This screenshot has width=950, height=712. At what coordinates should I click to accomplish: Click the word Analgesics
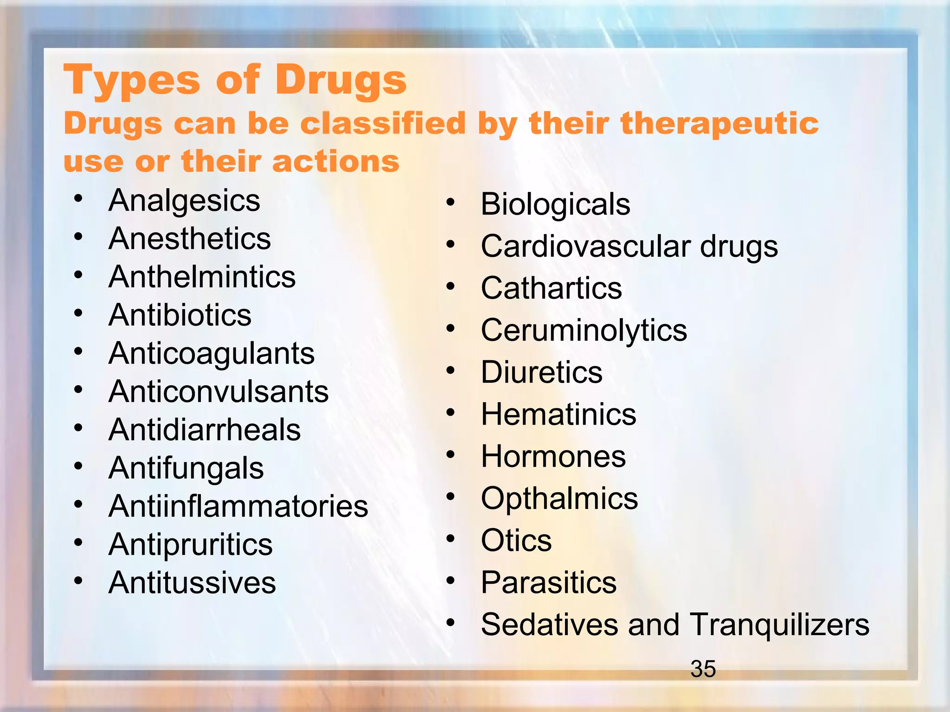184,201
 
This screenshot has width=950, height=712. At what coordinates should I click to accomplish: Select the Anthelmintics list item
202,277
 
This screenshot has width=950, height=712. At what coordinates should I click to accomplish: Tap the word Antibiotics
180,315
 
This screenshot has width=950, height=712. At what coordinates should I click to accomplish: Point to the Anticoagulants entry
212,354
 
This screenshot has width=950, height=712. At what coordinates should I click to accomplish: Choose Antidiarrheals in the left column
205,430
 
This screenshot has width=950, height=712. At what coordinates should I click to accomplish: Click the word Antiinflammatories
238,506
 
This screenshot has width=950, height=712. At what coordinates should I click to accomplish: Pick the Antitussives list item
192,583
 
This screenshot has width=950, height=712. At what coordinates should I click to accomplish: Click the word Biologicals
555,204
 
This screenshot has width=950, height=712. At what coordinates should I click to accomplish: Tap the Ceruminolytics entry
584,331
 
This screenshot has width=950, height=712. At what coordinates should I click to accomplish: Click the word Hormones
553,456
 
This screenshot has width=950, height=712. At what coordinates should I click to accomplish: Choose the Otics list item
516,540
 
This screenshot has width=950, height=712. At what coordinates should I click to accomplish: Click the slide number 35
703,669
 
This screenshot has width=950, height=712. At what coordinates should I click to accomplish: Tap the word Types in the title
133,81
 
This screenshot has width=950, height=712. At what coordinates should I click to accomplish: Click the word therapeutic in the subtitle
719,124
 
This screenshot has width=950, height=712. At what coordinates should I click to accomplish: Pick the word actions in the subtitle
336,161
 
